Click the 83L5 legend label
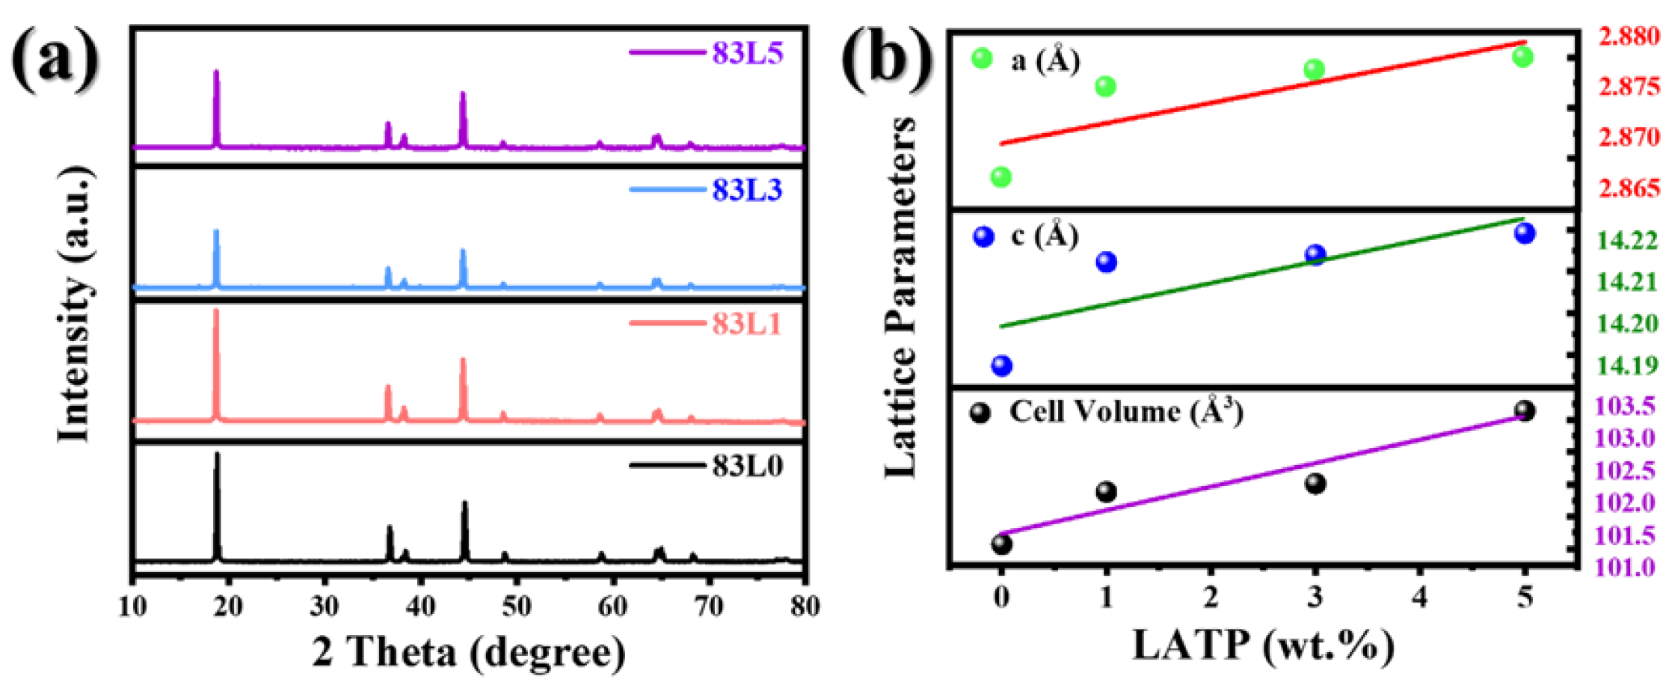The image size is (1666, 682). click(746, 53)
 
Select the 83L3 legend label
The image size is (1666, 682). click(746, 190)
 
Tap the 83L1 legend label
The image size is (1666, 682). click(746, 324)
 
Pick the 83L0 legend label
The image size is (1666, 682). click(746, 467)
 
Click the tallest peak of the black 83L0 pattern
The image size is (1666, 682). click(218, 454)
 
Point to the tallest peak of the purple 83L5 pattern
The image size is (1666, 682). click(217, 73)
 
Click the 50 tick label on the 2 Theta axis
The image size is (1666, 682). click(517, 606)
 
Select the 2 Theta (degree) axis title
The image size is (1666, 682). click(469, 652)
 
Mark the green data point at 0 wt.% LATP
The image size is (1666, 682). click(1001, 177)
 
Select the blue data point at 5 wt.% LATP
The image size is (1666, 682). click(1525, 233)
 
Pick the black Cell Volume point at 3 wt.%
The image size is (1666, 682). click(1315, 484)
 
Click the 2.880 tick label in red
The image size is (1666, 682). click(1629, 36)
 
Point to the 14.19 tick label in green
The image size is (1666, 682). click(1627, 366)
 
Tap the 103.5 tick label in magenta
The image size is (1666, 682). click(1627, 406)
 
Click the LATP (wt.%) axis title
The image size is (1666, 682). click(1263, 645)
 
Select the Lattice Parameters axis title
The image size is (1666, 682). click(900, 297)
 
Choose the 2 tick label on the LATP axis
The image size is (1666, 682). click(1211, 597)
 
